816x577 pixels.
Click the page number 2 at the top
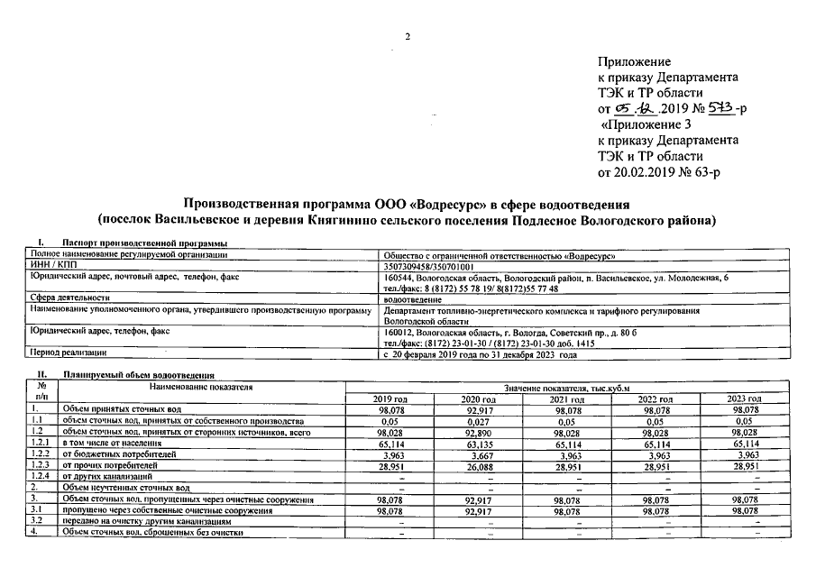coord(408,36)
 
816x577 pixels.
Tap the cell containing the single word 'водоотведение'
coord(413,297)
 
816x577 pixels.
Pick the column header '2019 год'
coord(390,398)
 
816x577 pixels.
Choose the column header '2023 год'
coord(744,398)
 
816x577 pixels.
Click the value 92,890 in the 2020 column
coord(478,433)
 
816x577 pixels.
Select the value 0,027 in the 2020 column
coord(478,421)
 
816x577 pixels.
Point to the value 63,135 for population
coord(478,444)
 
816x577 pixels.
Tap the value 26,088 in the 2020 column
coord(478,466)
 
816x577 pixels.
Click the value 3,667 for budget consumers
coord(478,455)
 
